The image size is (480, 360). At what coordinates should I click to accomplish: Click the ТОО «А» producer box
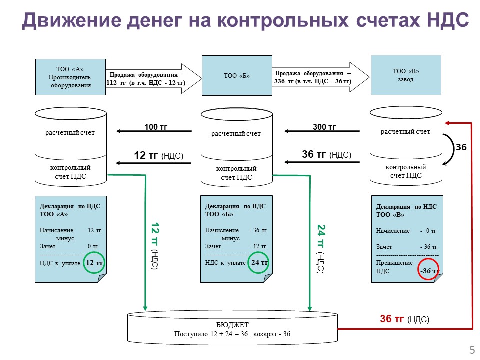[x=70, y=77]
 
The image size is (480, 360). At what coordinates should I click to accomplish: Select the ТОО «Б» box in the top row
[x=237, y=75]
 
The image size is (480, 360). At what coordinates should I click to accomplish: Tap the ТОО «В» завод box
[x=406, y=75]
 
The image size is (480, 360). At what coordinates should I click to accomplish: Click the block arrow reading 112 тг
[x=153, y=78]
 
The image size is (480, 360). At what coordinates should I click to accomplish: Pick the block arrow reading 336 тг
[x=321, y=77]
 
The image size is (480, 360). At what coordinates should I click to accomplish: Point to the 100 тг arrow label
[x=156, y=126]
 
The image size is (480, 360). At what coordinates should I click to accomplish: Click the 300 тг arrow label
[x=324, y=126]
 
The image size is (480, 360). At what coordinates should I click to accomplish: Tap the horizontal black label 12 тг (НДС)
[x=159, y=155]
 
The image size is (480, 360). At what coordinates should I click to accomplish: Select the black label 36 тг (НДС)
[x=326, y=154]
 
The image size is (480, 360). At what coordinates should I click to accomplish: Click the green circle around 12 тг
[x=94, y=262]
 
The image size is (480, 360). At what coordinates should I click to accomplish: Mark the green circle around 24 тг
[x=258, y=262]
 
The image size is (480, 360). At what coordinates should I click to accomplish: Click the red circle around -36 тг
[x=428, y=269]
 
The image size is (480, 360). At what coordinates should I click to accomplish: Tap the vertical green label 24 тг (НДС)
[x=321, y=249]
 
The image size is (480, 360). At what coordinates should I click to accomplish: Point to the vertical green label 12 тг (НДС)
[x=155, y=246]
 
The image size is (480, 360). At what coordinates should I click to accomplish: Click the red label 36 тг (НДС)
[x=404, y=319]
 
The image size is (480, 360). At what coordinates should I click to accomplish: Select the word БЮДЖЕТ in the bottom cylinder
[x=232, y=325]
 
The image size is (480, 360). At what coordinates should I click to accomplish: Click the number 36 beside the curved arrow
[x=461, y=147]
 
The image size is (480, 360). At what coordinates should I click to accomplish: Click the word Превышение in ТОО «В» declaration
[x=394, y=263]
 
